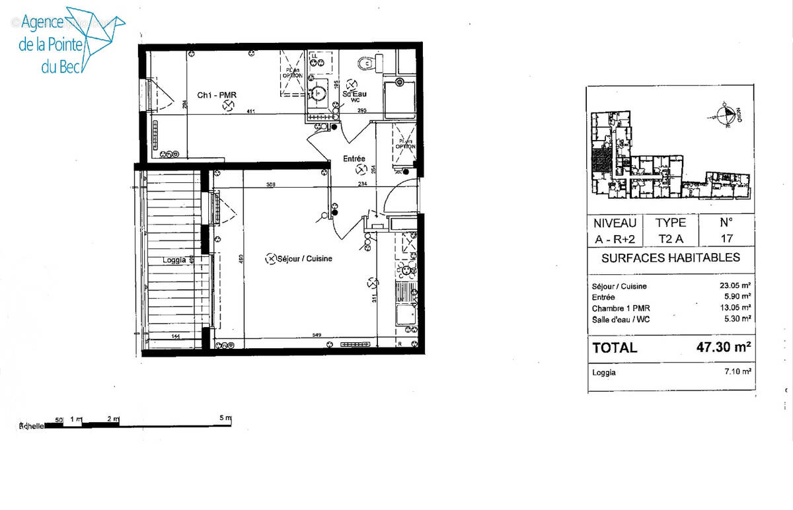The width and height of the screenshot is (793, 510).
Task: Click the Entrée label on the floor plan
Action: pyautogui.click(x=354, y=159)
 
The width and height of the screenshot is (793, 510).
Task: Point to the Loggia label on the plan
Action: pyautogui.click(x=174, y=260)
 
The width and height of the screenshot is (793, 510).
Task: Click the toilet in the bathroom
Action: pyautogui.click(x=367, y=63)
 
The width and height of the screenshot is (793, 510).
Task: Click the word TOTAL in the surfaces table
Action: pyautogui.click(x=615, y=347)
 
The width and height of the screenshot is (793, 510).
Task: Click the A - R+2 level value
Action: pyautogui.click(x=615, y=238)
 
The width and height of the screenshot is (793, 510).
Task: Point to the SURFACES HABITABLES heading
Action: pyautogui.click(x=670, y=258)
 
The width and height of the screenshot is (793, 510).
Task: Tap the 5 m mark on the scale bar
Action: pyautogui.click(x=227, y=419)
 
